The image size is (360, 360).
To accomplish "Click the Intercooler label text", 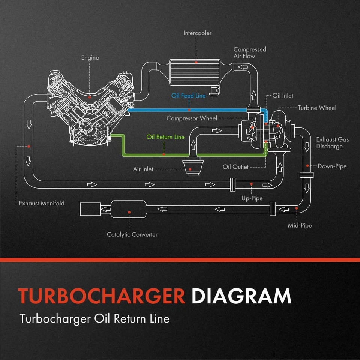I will [197, 33].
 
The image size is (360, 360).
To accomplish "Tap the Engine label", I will [90, 58].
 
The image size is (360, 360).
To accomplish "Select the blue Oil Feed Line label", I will [188, 96].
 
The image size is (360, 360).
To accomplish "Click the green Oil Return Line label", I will [165, 137].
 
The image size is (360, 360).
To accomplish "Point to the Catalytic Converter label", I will [132, 234].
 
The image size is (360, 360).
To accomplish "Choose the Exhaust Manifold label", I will [42, 203].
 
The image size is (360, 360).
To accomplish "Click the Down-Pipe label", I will [332, 166].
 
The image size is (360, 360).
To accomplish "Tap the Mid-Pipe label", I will [300, 225].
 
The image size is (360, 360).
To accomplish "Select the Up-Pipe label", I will [252, 198].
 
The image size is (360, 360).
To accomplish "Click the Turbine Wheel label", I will [317, 108].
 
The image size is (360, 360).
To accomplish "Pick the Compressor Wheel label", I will [192, 118].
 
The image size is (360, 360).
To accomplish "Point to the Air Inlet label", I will [143, 169].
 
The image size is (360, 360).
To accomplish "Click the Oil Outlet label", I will [235, 166].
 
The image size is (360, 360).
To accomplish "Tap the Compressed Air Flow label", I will [250, 53].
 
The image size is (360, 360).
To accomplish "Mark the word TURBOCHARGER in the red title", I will [102, 296].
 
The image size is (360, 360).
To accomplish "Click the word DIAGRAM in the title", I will [241, 296].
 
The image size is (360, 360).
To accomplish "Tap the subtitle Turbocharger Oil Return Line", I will [94, 319].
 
